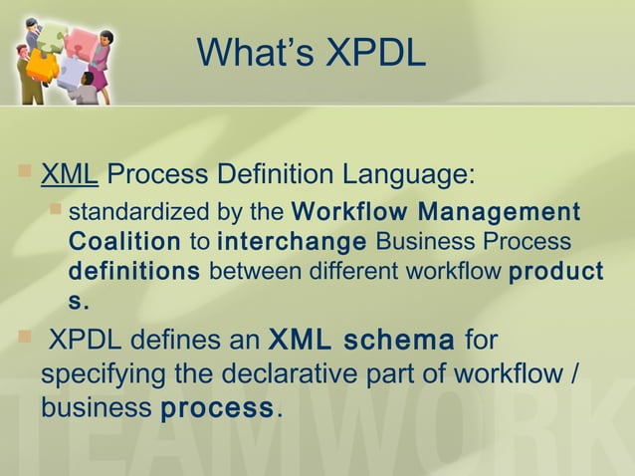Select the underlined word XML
tap(69, 175)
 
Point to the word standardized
tap(127, 212)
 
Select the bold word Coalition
tap(124, 242)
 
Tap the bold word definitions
tap(134, 271)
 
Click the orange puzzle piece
tap(42, 66)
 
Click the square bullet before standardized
tap(57, 210)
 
